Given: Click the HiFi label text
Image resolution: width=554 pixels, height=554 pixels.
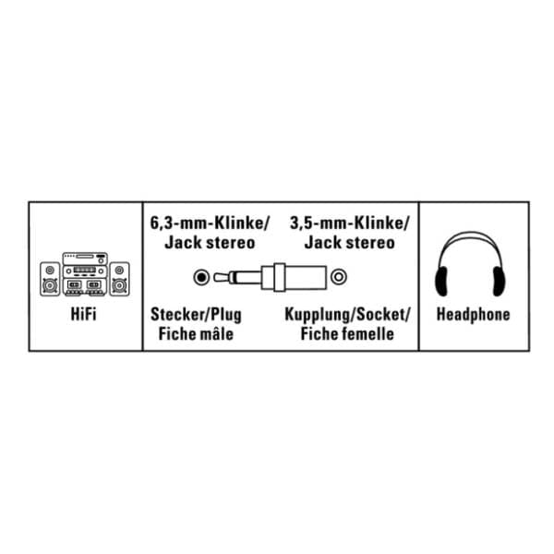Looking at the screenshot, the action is tap(83, 314).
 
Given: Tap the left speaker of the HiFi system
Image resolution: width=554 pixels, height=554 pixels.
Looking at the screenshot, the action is tap(50, 279).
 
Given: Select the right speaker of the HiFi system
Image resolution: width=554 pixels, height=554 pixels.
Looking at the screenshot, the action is tap(119, 279).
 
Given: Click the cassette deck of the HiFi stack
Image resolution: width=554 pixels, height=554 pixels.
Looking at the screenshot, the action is tap(85, 285).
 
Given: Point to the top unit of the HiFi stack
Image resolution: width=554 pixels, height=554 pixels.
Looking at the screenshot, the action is tap(85, 259).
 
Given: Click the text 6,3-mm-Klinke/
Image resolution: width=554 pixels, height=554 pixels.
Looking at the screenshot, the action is tap(210, 223).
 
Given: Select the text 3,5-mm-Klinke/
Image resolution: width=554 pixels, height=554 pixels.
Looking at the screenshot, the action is tap(349, 223).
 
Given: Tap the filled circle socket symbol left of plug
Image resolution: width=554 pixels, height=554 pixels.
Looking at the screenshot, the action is tap(201, 277).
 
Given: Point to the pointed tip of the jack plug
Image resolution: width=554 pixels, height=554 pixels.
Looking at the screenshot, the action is tap(215, 277).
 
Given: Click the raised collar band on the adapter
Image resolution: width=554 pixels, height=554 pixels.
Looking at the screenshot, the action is tap(280, 277).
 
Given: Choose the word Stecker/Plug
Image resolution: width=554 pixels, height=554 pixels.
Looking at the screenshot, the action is tap(196, 315).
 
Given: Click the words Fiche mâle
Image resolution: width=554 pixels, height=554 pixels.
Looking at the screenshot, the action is tap(196, 334).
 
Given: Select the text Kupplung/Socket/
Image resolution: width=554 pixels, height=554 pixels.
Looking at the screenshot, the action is tap(347, 315).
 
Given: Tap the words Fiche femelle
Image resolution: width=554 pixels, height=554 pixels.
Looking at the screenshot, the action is tap(347, 334).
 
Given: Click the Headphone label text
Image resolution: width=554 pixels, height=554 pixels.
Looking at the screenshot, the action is tap(473, 315).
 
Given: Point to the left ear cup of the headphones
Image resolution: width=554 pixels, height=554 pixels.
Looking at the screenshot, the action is tap(441, 282).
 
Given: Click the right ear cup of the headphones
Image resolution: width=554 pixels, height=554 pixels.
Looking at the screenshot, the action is tap(499, 282).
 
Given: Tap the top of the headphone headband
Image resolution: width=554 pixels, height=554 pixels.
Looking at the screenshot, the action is tap(470, 234).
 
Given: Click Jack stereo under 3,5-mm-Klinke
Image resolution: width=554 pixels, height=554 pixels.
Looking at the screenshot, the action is tap(349, 243).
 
